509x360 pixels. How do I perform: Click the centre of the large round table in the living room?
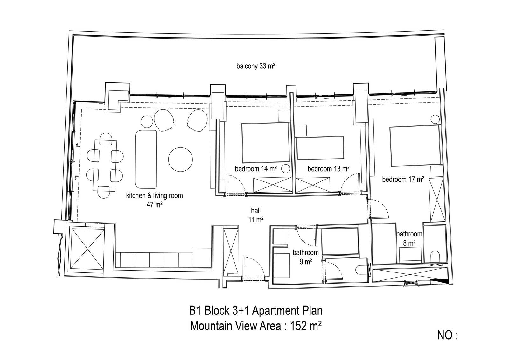point(180,159)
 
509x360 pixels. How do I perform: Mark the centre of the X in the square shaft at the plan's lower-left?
point(88,249)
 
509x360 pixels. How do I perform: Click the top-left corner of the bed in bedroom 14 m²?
point(242,124)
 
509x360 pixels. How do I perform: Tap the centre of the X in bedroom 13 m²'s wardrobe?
point(313,185)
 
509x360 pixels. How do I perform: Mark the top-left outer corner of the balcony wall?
point(69,31)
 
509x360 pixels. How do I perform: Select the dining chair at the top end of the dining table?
point(106,139)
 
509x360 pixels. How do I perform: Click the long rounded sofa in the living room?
point(146,159)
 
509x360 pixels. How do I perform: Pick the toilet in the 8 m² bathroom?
point(435,257)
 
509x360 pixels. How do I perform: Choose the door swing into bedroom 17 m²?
point(379,208)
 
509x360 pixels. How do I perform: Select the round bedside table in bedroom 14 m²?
point(286,169)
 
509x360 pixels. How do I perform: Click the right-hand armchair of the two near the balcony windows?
point(197,121)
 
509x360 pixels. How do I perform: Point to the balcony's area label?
point(256,66)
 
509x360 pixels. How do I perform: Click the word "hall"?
point(256,211)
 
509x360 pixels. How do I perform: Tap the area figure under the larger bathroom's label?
point(306,262)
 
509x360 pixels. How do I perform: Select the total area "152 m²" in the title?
point(306,326)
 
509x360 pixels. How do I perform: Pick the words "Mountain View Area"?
point(235,326)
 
